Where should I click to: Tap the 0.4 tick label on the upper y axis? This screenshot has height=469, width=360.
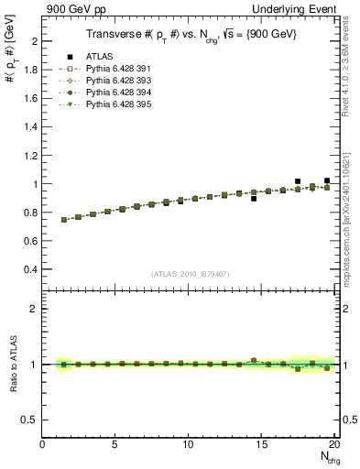point(31,269)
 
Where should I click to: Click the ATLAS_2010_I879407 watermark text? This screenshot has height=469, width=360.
point(190,272)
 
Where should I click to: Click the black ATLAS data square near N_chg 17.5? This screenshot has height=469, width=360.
point(298,181)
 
